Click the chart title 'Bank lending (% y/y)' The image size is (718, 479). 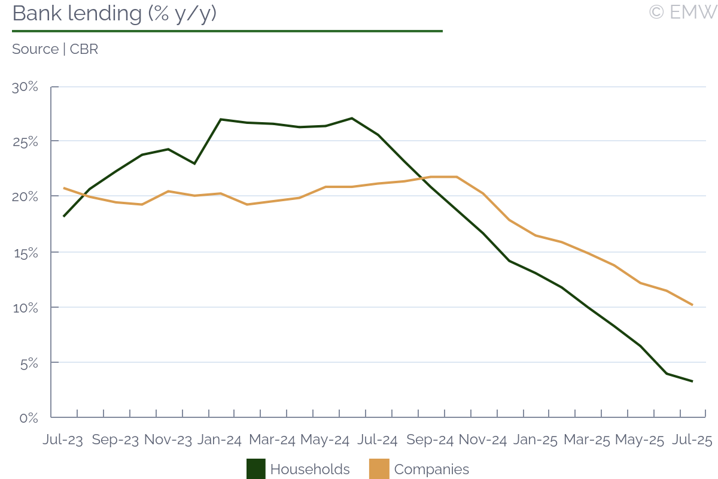coord(114,14)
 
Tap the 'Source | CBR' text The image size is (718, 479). coord(55,49)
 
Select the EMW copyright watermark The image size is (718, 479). coord(682,12)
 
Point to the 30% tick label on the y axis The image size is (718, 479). coord(25,87)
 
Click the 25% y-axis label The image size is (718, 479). coord(25,142)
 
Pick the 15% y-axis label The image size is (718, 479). coord(25,253)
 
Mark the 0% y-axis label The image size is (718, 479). coord(29,418)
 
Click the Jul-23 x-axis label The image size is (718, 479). coord(63,439)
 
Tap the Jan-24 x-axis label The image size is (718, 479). coord(220,439)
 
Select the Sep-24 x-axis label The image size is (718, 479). coord(430,439)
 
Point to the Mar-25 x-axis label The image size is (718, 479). coord(586,439)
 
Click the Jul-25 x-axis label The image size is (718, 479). coord(692,439)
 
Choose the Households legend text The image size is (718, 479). coord(310,469)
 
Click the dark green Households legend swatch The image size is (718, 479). coord(256,469)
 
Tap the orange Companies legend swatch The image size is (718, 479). coord(379,469)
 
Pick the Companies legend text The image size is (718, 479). coord(431,469)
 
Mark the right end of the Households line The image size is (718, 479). coord(692,381)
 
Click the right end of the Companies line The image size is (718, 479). coord(692,305)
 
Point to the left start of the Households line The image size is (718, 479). coord(63,216)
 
